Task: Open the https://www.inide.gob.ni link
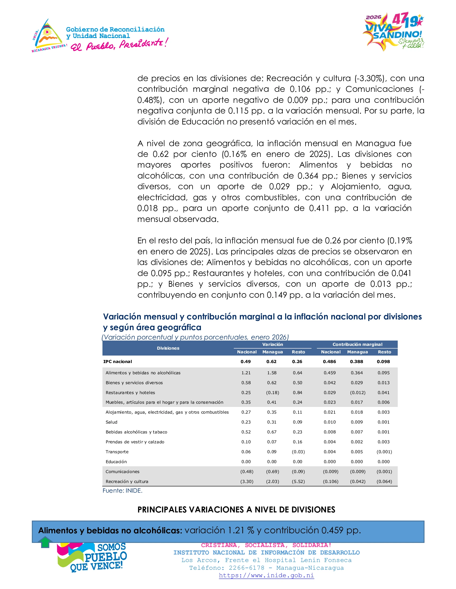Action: pyautogui.click(x=266, y=575)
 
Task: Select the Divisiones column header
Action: pyautogui.click(x=168, y=348)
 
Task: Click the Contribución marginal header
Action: pyautogui.click(x=357, y=344)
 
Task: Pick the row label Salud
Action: pyautogui.click(x=112, y=422)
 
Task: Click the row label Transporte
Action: pyautogui.click(x=117, y=452)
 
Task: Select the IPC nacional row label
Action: pyautogui.click(x=117, y=362)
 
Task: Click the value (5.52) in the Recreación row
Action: pyautogui.click(x=298, y=481)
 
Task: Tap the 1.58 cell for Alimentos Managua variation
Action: pyautogui.click(x=272, y=373)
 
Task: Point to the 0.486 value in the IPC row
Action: pyautogui.click(x=330, y=362)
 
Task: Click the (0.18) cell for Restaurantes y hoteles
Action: pyautogui.click(x=273, y=393)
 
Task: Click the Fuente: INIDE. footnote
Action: pyautogui.click(x=122, y=490)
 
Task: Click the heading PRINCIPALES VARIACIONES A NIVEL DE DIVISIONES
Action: pyautogui.click(x=236, y=510)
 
